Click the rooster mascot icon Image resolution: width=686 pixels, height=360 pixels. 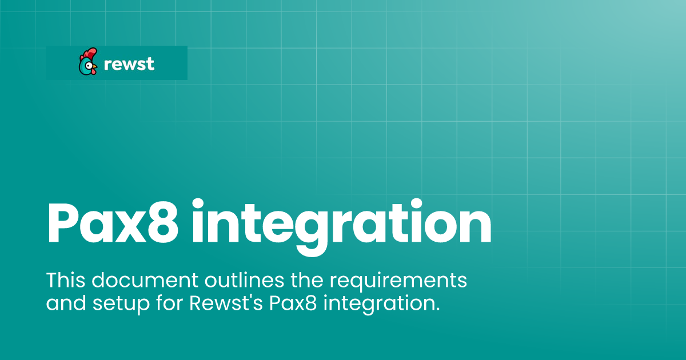88,62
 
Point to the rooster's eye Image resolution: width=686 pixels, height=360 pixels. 89,65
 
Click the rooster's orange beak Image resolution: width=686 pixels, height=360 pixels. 95,66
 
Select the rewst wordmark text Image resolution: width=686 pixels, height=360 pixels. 129,64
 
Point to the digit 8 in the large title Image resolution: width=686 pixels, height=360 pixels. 162,222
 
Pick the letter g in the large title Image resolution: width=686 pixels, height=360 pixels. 312,233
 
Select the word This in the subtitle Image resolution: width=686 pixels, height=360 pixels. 66,279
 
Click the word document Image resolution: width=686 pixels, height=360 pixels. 145,280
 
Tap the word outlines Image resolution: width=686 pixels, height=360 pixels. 245,279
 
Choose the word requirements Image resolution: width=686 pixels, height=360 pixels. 398,282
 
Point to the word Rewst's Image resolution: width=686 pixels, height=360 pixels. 226,303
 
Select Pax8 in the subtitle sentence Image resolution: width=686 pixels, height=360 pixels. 293,303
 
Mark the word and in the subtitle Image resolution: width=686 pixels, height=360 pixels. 66,303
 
